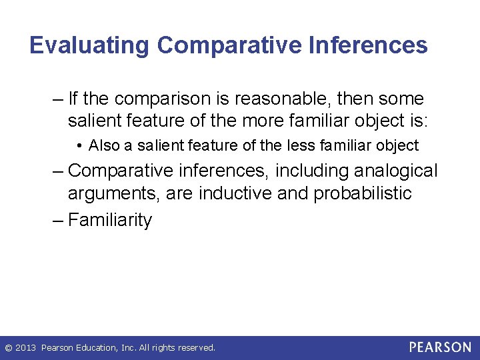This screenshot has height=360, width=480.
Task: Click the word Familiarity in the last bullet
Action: tap(110, 220)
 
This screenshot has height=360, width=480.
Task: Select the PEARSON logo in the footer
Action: tap(440, 347)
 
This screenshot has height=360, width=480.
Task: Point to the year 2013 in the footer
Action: tap(25, 348)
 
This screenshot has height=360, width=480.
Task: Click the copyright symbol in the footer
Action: tap(7, 348)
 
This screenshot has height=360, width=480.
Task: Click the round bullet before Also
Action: tap(80, 146)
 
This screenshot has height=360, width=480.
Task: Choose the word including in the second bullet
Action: tap(303, 171)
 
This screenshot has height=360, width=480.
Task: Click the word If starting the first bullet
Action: tap(73, 99)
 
